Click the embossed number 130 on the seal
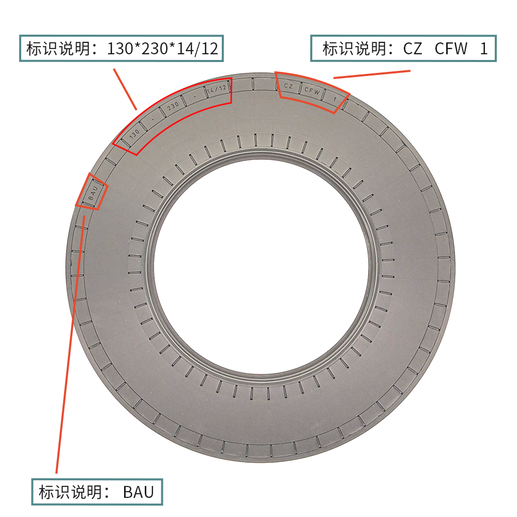134,133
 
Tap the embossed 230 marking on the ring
173,106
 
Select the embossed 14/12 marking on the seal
217,89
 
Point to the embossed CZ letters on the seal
288,86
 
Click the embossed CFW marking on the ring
312,90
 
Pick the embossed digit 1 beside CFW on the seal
335,99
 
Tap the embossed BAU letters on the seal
93,192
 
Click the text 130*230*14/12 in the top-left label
162,49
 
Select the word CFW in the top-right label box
451,49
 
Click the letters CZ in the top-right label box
413,49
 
